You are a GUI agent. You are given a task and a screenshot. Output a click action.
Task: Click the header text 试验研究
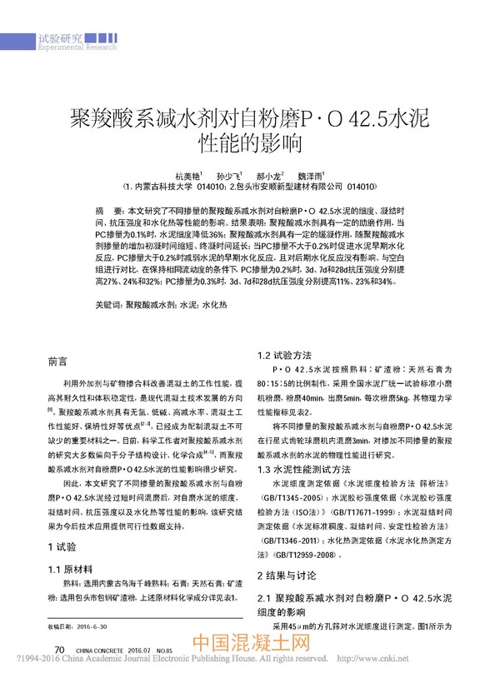click(61, 38)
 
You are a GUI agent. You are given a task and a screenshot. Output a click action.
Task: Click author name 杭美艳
click(187, 177)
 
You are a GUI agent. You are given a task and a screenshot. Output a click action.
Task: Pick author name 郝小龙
click(269, 177)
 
